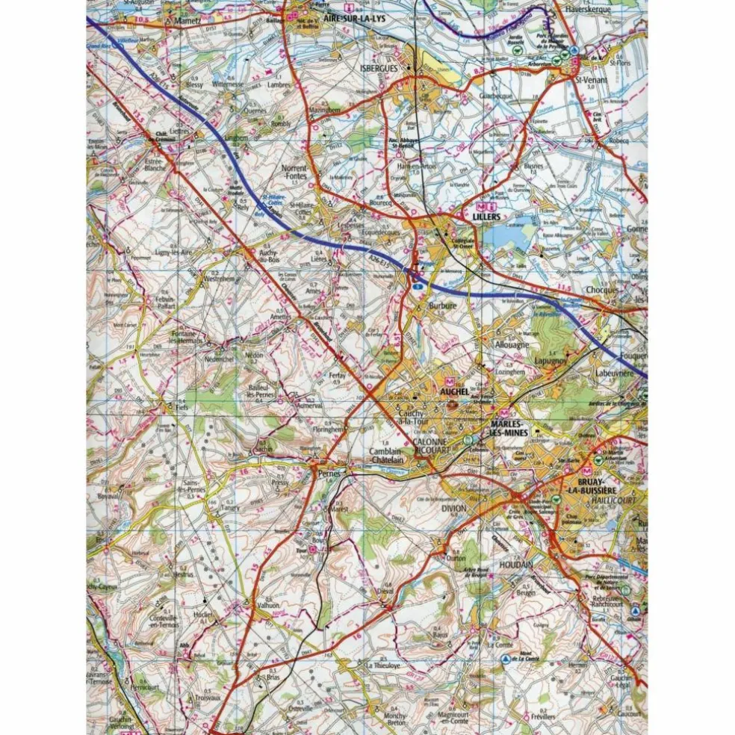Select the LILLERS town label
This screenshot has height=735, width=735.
486,217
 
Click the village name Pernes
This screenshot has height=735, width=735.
329,474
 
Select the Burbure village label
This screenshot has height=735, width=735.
442,306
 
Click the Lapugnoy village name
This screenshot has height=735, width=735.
551,359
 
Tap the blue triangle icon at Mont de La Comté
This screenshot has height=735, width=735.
506,659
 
